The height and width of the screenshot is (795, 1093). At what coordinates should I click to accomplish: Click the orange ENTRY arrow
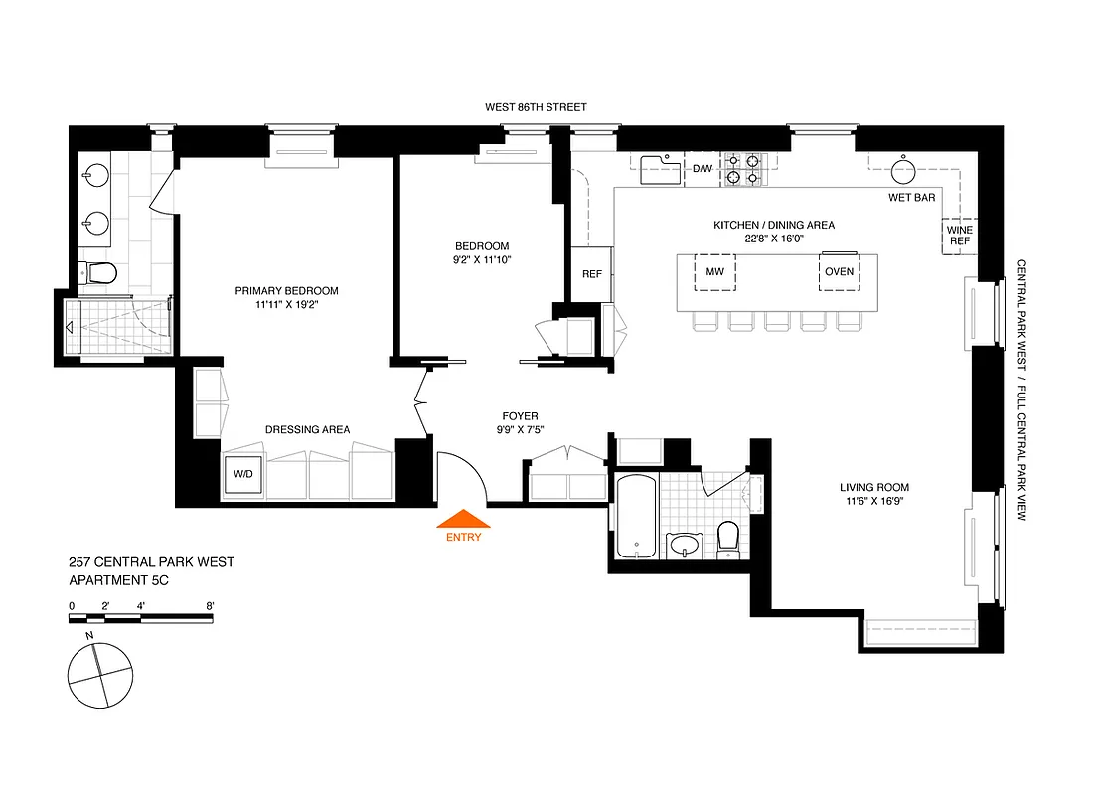[463, 519]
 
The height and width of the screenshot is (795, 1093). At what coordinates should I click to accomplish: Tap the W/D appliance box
[243, 475]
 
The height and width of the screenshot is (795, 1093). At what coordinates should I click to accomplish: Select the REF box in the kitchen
[592, 274]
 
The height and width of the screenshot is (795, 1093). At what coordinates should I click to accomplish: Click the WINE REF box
[959, 235]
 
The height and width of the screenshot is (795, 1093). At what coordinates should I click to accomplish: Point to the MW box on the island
[714, 271]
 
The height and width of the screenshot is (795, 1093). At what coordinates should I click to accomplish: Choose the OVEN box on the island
[839, 271]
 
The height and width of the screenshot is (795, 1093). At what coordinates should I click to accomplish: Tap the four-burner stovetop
[743, 169]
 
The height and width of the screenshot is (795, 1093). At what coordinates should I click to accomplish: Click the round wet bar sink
[903, 171]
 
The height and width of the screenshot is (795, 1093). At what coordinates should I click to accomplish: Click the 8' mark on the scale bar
[211, 605]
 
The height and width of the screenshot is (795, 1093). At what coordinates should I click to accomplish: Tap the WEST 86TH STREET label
[536, 106]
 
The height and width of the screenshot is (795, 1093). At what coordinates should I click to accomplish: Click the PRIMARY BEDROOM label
[286, 291]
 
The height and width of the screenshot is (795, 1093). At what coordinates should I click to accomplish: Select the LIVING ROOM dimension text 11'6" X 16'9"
[873, 502]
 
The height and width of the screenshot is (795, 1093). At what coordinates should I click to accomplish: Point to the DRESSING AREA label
[307, 430]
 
